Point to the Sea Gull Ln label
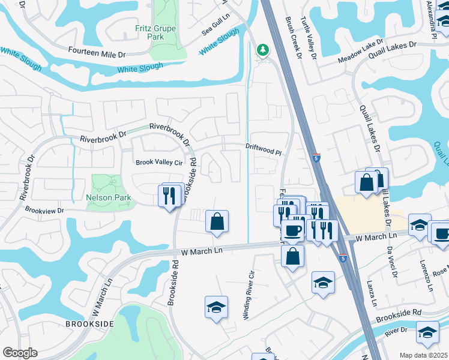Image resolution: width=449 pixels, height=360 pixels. tap(216, 28)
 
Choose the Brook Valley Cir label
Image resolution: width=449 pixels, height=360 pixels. tap(158, 162)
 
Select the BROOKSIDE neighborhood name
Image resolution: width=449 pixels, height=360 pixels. tap(90, 324)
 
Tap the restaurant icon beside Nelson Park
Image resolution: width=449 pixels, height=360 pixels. tap(169, 195)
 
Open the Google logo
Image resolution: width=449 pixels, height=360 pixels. tap(20, 353)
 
